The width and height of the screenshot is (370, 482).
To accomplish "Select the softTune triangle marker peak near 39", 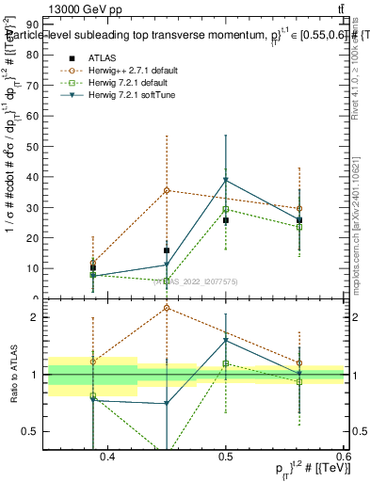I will tap(226, 181).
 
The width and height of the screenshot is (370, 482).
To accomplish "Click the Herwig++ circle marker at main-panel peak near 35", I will tap(167, 190).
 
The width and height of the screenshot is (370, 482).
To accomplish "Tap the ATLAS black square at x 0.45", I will tap(167, 250).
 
